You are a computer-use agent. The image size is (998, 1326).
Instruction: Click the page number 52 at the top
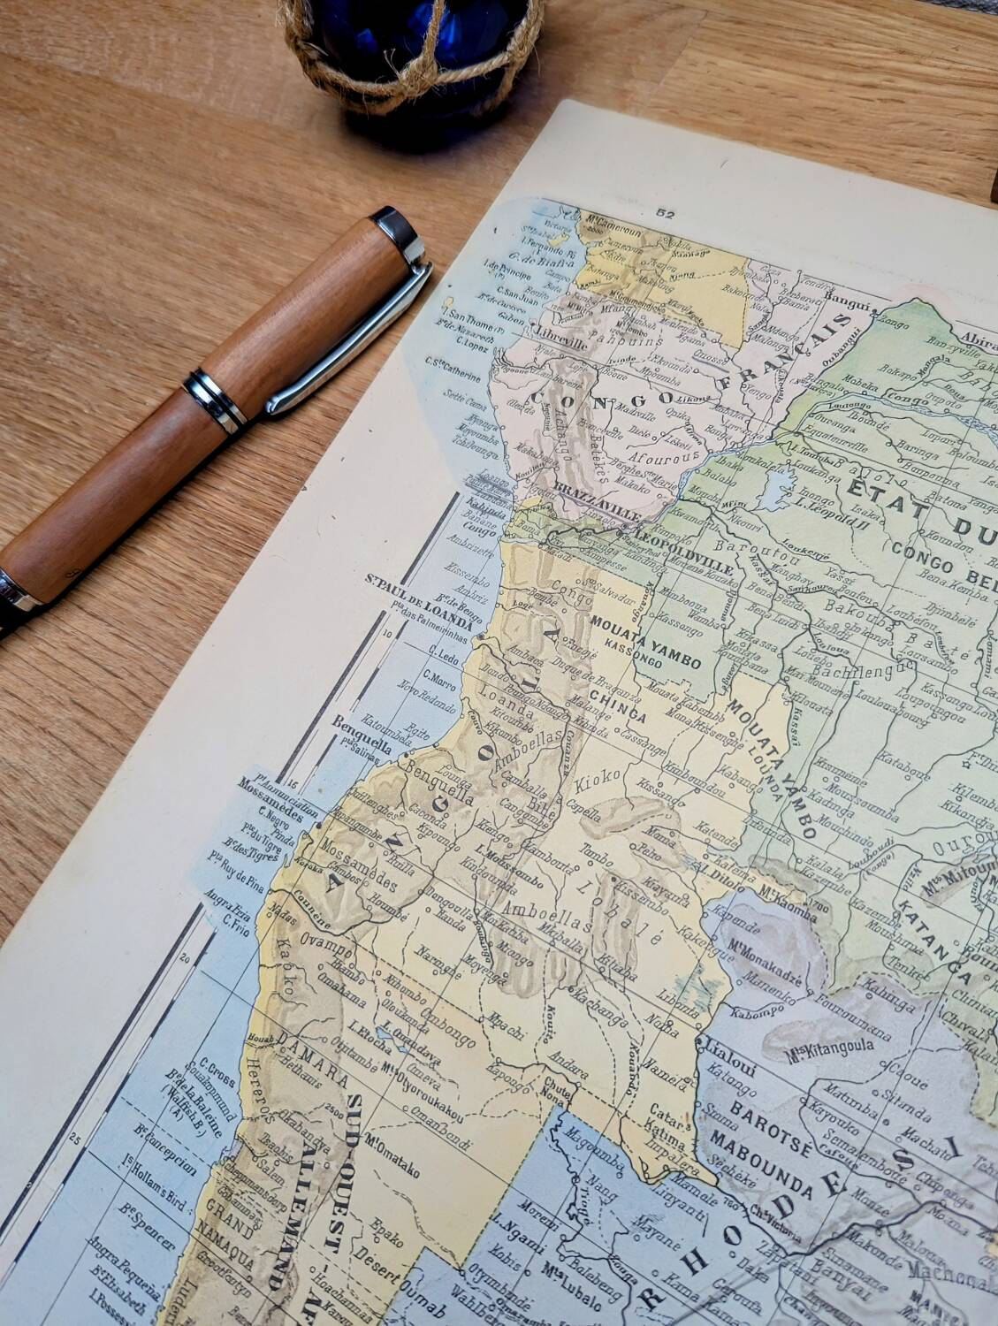coord(666,212)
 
